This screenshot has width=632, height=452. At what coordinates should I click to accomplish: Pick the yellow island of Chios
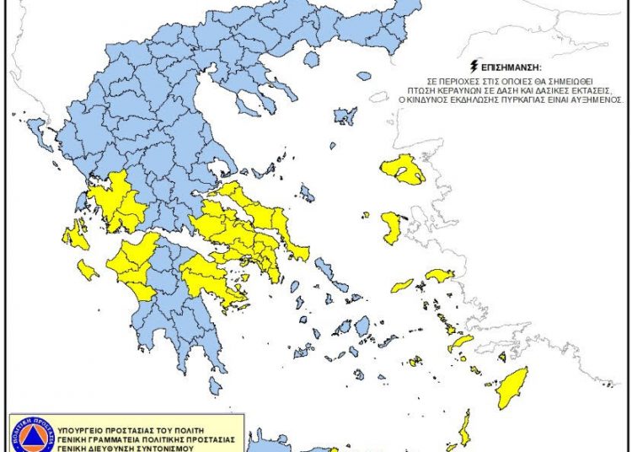coord(392,228)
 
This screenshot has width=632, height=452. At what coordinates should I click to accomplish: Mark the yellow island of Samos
coord(440,275)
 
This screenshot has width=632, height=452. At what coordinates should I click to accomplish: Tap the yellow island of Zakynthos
coord(88,270)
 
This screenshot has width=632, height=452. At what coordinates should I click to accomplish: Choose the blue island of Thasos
coord(312,60)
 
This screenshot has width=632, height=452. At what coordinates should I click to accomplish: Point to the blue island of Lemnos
coord(345,116)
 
